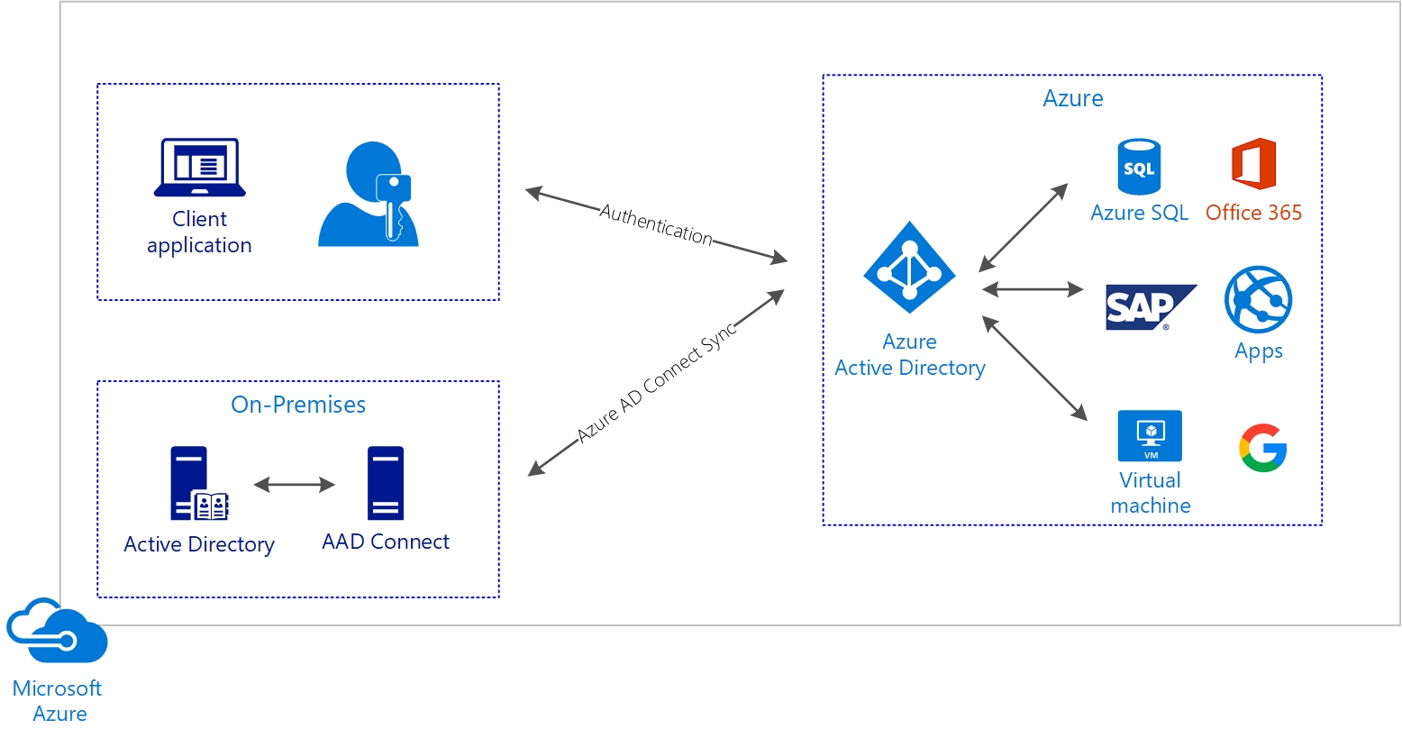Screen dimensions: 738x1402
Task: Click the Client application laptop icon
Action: tap(199, 167)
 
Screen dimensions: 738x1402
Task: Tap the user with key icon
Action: tap(369, 196)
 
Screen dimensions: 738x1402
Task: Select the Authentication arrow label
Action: tap(656, 223)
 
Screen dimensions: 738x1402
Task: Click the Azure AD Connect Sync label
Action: tap(657, 383)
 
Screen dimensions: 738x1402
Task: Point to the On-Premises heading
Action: tap(298, 405)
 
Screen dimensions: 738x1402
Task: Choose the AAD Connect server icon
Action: tap(385, 484)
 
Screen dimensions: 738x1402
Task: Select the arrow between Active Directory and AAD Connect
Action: tap(294, 485)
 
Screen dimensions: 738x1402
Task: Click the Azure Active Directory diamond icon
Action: tap(909, 268)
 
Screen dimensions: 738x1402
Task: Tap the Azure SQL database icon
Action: tap(1139, 167)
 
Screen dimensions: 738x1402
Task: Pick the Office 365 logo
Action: tap(1253, 164)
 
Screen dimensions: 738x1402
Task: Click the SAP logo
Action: tap(1148, 307)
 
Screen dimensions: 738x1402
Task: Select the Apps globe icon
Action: tap(1258, 300)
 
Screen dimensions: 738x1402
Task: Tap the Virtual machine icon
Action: tap(1150, 436)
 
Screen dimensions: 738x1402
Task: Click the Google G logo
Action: tap(1262, 448)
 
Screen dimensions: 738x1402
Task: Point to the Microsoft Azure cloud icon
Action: tap(56, 631)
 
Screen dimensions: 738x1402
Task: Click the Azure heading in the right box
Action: tap(1072, 98)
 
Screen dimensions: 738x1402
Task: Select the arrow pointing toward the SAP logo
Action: tap(1033, 289)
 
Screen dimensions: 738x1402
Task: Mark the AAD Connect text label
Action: tap(386, 542)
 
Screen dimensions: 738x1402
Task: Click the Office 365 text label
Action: tap(1253, 213)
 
